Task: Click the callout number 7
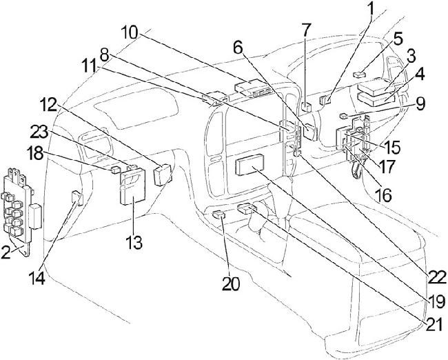307,31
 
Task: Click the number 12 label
68,103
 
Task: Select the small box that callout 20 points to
218,215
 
